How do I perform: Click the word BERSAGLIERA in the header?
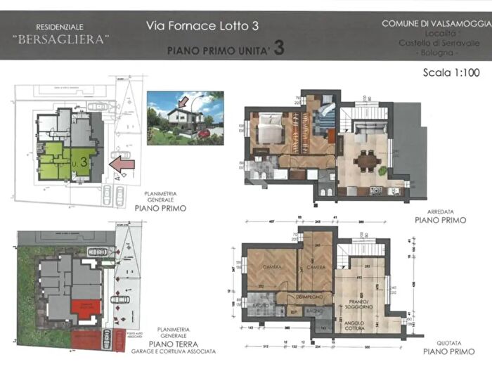coord(62,39)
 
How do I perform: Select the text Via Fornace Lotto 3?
coord(202,26)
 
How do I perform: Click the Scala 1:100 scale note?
coord(451,72)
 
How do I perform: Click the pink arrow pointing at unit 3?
coord(122,164)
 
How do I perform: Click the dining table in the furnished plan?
coord(365,161)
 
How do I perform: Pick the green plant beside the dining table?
coord(382,170)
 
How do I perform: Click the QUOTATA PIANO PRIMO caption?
coord(440,344)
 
